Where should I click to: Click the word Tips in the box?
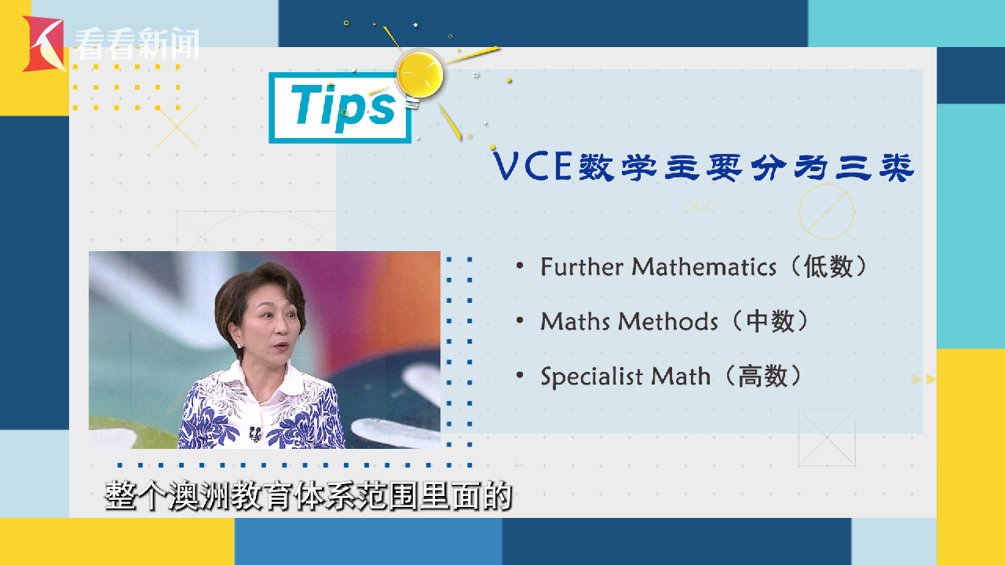pyautogui.click(x=343, y=108)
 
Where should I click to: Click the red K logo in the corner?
pyautogui.click(x=43, y=44)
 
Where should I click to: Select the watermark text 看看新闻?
pyautogui.click(x=136, y=44)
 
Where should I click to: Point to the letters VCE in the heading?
pyautogui.click(x=532, y=166)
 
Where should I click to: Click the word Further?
pyautogui.click(x=582, y=267)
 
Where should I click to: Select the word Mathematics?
pyautogui.click(x=704, y=267)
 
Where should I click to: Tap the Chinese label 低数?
pyautogui.click(x=828, y=267)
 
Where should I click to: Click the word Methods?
pyautogui.click(x=667, y=322)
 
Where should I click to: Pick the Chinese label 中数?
pyautogui.click(x=770, y=322)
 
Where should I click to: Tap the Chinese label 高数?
pyautogui.click(x=762, y=376)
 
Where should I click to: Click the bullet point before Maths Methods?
pyautogui.click(x=520, y=321)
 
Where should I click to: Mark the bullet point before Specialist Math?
pyautogui.click(x=520, y=375)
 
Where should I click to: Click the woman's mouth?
pyautogui.click(x=282, y=346)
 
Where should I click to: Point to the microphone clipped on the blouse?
pyautogui.click(x=255, y=433)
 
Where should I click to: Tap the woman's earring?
pyautogui.click(x=238, y=346)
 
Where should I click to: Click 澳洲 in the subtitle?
pyautogui.click(x=199, y=496)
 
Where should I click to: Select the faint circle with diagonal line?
pyautogui.click(x=827, y=212)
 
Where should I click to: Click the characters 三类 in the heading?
pyautogui.click(x=874, y=167)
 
